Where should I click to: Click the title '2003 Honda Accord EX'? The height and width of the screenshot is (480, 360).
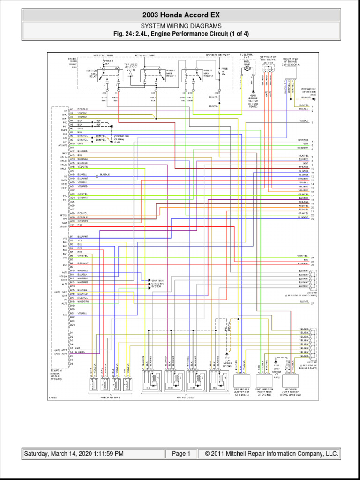tap(180, 15)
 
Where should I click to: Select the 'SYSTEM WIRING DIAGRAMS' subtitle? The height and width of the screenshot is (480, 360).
tap(180, 26)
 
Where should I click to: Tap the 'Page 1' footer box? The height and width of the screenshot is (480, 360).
tap(181, 454)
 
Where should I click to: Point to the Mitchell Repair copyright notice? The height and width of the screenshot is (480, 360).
tap(268, 454)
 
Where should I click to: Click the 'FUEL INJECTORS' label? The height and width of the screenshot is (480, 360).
tap(110, 397)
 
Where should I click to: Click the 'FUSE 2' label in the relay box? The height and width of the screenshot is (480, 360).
tap(108, 61)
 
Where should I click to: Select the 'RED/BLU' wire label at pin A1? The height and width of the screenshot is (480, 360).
tap(82, 108)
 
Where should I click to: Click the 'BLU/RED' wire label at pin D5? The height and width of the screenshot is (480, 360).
tap(80, 352)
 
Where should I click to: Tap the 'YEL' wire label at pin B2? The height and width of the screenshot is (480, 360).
tap(80, 240)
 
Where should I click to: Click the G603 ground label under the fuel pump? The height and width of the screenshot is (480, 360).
tap(253, 95)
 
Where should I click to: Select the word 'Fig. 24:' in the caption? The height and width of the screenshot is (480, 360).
tap(125, 34)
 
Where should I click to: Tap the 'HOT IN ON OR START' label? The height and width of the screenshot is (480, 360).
tap(217, 55)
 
